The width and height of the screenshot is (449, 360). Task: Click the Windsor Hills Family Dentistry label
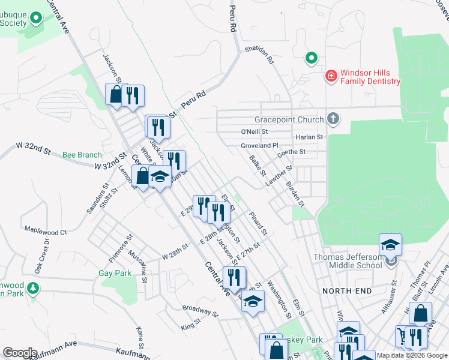[370, 77]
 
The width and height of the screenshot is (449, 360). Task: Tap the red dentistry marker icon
[330, 76]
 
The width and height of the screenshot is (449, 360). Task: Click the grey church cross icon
[334, 119]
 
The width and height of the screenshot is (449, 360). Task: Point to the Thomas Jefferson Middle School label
[348, 261]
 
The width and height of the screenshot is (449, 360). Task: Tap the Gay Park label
[115, 273]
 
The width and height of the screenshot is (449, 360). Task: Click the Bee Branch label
[82, 155]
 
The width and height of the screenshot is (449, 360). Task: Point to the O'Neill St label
[254, 131]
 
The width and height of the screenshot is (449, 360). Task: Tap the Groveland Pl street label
[260, 145]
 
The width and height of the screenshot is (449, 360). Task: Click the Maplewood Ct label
[46, 232]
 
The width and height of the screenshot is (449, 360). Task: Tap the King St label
[191, 325]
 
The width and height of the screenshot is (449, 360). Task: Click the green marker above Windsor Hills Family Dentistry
[311, 58]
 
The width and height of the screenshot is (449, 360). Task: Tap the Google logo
[20, 353]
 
